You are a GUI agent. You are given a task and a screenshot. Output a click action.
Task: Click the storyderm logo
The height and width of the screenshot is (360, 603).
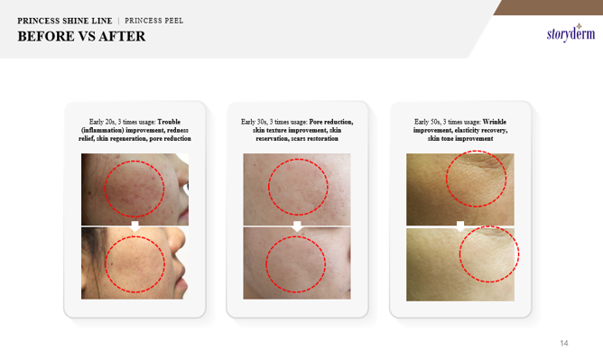[x=571, y=33]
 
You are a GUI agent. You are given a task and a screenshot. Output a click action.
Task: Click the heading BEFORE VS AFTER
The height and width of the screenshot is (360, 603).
[x=81, y=36]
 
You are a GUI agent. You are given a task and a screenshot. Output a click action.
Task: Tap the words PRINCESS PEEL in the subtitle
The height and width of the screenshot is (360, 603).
[x=153, y=21]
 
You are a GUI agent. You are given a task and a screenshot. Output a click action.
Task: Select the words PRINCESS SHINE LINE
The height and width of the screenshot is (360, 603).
[x=65, y=21]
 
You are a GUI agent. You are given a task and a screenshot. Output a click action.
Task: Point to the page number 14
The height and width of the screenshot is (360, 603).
[x=564, y=343]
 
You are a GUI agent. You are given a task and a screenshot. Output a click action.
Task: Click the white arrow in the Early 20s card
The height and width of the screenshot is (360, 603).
[x=135, y=226]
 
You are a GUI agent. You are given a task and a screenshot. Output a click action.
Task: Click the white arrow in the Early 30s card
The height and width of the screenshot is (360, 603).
[x=297, y=226]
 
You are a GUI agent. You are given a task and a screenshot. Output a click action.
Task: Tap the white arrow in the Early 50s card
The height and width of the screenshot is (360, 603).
[x=460, y=226]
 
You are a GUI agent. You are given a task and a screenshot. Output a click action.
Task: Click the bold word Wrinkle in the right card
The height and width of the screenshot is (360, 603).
[x=495, y=122]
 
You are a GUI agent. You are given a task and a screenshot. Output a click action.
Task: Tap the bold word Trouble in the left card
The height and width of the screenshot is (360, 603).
[x=169, y=122]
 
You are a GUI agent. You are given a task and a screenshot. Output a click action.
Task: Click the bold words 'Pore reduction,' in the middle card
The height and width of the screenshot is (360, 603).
[x=331, y=122]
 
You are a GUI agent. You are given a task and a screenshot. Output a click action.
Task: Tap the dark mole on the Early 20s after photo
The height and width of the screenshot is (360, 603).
[x=112, y=263]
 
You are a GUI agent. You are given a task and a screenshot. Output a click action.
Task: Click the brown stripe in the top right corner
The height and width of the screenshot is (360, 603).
[x=549, y=7]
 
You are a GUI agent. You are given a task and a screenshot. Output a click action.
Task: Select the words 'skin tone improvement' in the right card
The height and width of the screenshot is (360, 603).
[x=460, y=139]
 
